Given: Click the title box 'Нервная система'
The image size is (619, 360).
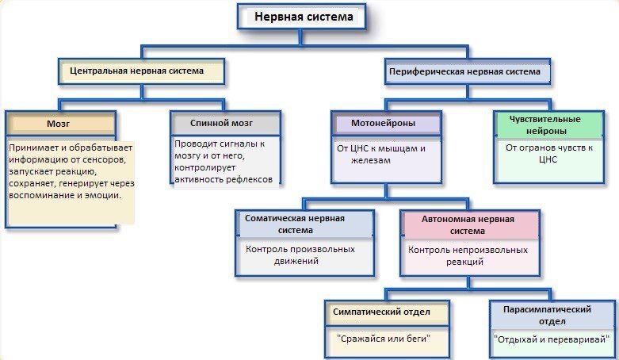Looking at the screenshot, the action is [302, 17].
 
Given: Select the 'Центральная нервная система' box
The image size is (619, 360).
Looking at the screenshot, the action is [142, 71].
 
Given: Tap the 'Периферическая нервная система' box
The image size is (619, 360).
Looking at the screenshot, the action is [468, 72].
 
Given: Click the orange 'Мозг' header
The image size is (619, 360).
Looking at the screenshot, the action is [61, 124].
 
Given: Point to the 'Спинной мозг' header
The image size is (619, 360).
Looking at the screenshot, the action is [225, 123].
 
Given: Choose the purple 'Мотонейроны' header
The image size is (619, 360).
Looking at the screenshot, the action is [387, 124].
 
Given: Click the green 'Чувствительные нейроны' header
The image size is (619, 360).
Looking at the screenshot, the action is [549, 124].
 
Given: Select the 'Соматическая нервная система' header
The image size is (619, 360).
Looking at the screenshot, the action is [305, 224].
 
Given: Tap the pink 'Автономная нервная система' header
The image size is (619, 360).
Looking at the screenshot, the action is [470, 225].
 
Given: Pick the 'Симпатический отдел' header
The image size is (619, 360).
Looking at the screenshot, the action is [388, 312].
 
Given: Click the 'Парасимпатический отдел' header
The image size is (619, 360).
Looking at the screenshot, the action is [552, 315].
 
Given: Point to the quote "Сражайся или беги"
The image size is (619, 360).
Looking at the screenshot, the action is [384, 339].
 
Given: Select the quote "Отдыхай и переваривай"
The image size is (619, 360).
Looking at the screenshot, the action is [552, 339].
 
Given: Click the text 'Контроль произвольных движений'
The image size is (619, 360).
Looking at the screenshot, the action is [300, 255].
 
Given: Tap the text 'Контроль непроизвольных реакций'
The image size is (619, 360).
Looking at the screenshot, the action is [468, 255].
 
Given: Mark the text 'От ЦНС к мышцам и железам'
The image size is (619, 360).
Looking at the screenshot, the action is [381, 155].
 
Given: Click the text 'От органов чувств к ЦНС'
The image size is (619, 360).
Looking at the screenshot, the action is [549, 154].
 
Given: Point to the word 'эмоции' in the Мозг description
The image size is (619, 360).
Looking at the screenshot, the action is [106, 196].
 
